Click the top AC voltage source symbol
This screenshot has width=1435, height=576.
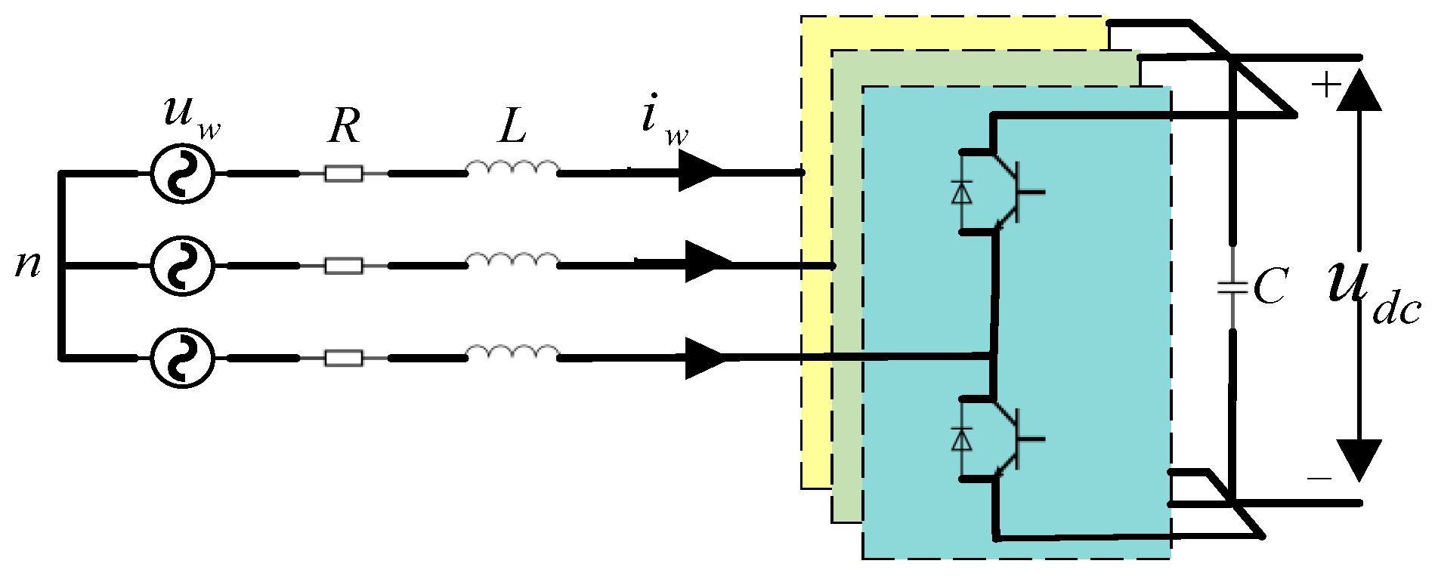tap(182, 173)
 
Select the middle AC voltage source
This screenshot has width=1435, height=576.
tap(182, 266)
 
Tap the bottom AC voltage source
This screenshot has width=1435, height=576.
tap(182, 358)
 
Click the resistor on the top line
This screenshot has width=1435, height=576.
tap(344, 174)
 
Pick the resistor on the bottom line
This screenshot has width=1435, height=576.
tap(344, 358)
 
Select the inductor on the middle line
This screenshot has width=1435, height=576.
tap(513, 261)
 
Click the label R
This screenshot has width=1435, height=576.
tap(344, 126)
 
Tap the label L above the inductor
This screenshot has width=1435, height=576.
tap(512, 126)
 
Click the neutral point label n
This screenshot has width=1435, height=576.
tap(28, 264)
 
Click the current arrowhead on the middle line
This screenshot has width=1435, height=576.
tap(707, 262)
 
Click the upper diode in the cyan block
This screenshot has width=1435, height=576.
tap(961, 193)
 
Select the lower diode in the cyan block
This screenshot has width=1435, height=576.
tap(961, 439)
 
